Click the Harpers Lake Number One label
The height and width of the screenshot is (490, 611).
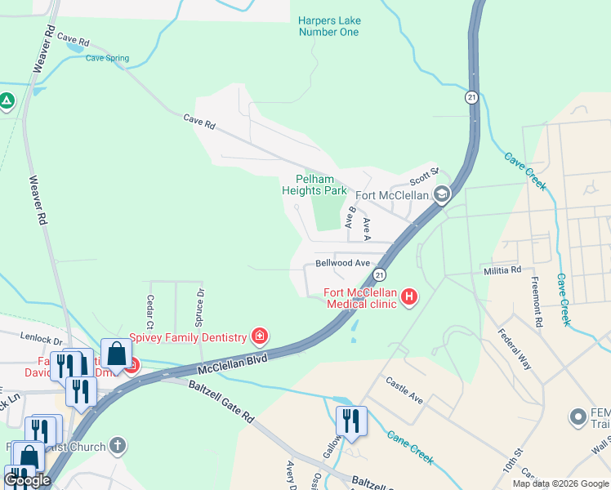click(x=328, y=26)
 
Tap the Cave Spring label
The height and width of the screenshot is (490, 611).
click(x=108, y=58)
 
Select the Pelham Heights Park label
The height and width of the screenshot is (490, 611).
click(x=314, y=185)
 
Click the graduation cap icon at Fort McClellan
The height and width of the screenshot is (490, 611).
click(x=442, y=194)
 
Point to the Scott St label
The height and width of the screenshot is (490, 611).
click(x=424, y=176)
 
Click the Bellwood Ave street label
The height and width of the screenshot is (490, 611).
click(x=343, y=264)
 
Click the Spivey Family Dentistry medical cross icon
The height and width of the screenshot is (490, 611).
click(x=260, y=336)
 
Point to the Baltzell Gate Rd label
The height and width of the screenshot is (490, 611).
click(x=221, y=400)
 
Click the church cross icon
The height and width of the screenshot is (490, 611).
click(x=118, y=446)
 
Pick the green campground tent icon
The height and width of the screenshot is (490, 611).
click(x=7, y=102)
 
